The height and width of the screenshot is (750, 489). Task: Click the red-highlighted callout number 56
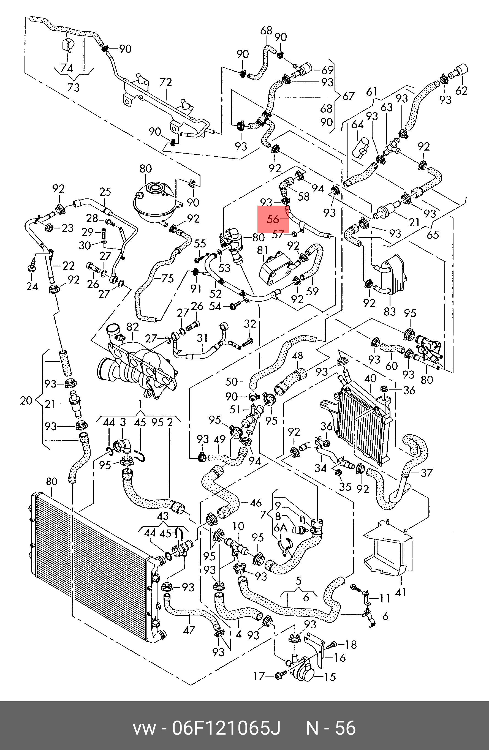(273, 219)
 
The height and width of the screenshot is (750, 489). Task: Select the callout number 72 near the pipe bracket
(165, 83)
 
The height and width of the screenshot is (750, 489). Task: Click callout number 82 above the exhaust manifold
(132, 327)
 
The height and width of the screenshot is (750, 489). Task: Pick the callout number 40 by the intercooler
(370, 378)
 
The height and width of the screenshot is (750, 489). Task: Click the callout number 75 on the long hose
(167, 278)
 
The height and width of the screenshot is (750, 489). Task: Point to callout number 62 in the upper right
(461, 91)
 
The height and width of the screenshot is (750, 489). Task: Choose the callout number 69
(327, 70)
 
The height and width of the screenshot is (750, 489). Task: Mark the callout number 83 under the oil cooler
(389, 311)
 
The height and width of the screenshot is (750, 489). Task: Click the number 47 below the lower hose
(189, 630)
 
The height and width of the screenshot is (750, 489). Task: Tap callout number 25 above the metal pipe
(105, 192)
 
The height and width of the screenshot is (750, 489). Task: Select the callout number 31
(202, 338)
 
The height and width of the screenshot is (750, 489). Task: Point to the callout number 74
(67, 68)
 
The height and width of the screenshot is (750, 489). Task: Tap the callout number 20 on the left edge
(26, 401)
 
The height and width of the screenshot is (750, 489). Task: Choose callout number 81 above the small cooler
(262, 250)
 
